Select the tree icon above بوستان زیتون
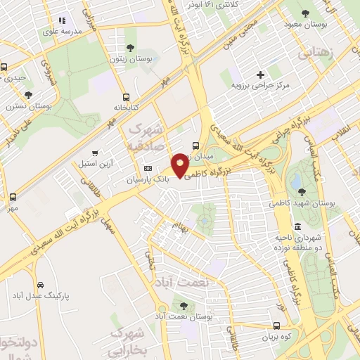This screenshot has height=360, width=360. coord(131,48)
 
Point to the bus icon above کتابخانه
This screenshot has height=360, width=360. coord(125,97)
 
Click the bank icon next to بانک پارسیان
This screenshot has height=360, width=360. coord(148,169)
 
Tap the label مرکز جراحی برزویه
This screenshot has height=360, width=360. coord(261,85)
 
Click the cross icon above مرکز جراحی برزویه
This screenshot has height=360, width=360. coord(260,74)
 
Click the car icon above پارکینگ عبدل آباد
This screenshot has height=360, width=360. coord(40,285)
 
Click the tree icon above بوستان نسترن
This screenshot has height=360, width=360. coord(28,94)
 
